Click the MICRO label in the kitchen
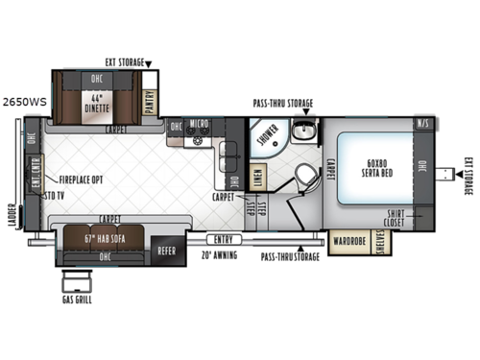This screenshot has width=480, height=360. (200, 125)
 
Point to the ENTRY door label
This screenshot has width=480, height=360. (224, 239)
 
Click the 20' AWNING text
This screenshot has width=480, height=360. (219, 255)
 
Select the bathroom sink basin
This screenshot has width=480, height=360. (304, 132)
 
